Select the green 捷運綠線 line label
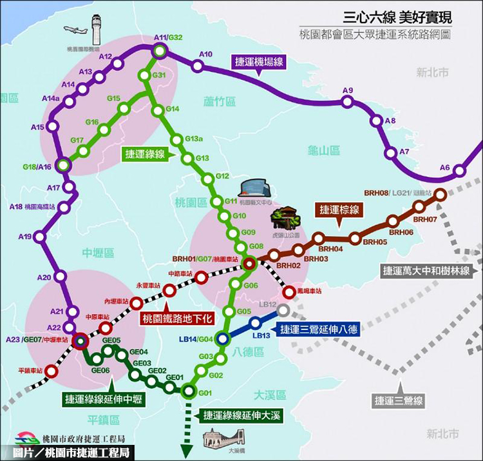click(145, 154)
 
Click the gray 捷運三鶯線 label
click(399, 400)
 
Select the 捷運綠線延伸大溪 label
click(242, 415)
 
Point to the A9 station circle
click(348, 101)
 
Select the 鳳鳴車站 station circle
click(289, 291)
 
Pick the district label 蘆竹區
click(220, 101)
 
